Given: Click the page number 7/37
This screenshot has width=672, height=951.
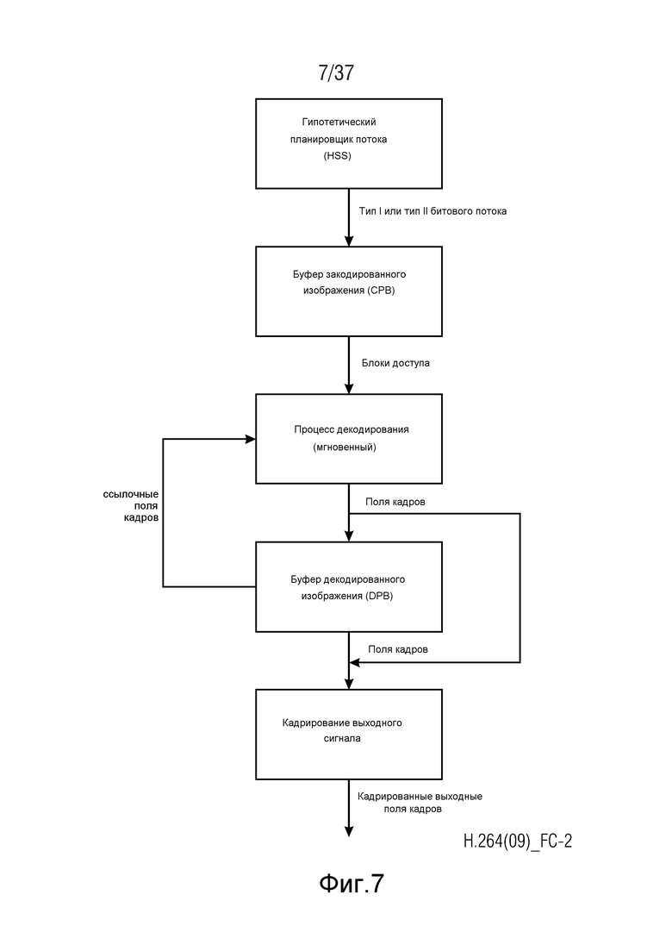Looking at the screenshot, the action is pyautogui.click(x=336, y=72).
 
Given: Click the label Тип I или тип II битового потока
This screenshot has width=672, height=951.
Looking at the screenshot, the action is pyautogui.click(x=432, y=211).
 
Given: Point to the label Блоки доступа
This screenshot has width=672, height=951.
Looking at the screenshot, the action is pyautogui.click(x=395, y=363).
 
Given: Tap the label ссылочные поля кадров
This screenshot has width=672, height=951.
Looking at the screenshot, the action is pyautogui.click(x=131, y=506).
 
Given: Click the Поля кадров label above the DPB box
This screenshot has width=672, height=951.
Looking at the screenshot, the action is pyautogui.click(x=395, y=502).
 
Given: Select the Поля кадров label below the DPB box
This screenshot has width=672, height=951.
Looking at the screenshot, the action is pyautogui.click(x=398, y=649).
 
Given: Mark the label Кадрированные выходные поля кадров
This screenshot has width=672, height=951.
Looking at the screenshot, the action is pyautogui.click(x=420, y=803).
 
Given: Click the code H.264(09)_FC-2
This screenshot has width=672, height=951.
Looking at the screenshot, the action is pyautogui.click(x=518, y=841).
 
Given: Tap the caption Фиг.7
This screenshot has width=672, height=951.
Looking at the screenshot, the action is pyautogui.click(x=352, y=883).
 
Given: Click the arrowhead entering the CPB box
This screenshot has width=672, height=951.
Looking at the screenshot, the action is pyautogui.click(x=348, y=241).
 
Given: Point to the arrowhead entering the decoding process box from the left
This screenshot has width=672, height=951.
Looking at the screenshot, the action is pyautogui.click(x=250, y=439).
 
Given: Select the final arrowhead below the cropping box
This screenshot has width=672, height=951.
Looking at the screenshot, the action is pyautogui.click(x=348, y=831).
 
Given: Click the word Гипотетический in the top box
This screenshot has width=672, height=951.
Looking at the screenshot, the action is pyautogui.click(x=339, y=122).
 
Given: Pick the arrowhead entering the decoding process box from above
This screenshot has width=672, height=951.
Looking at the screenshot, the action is pyautogui.click(x=348, y=388).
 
